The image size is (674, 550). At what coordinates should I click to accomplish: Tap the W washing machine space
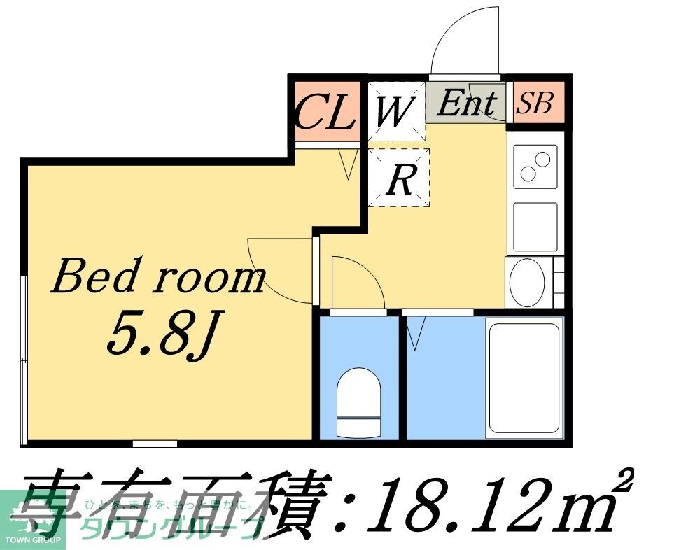pos(395,111)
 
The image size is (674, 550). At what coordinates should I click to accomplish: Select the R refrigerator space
pos(399,179)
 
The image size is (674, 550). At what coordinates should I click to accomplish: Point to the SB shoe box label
pos(535,104)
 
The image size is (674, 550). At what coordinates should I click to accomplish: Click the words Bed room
pos(158,278)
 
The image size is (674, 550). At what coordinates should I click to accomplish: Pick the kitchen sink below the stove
pos(534,227)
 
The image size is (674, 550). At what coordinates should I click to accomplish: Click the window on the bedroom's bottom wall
pos(155,443)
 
